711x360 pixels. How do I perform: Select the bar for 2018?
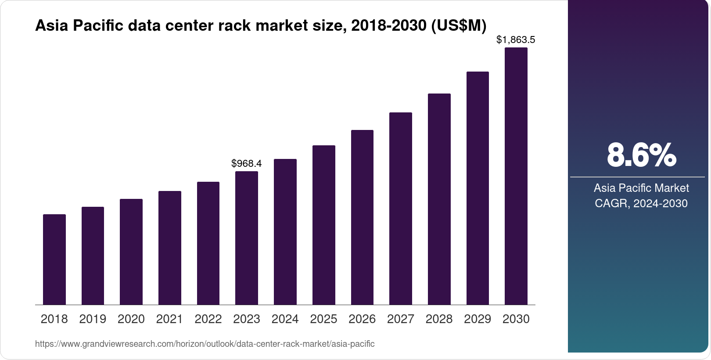pyautogui.click(x=54, y=259)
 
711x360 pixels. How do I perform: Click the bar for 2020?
pyautogui.click(x=131, y=252)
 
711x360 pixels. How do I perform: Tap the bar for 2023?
pyautogui.click(x=247, y=238)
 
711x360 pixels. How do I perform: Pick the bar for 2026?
pyautogui.click(x=362, y=217)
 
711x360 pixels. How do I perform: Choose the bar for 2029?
pyautogui.click(x=478, y=188)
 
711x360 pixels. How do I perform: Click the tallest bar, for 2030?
pyautogui.click(x=516, y=176)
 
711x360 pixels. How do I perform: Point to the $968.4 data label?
pyautogui.click(x=247, y=164)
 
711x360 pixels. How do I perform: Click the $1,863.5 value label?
pyautogui.click(x=516, y=40)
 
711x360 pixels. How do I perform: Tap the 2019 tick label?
pyautogui.click(x=93, y=319)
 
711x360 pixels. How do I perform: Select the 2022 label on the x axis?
pyautogui.click(x=208, y=319)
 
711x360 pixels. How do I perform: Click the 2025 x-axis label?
pyautogui.click(x=323, y=319)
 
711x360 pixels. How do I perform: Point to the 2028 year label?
pyautogui.click(x=439, y=319)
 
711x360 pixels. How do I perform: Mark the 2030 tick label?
pyautogui.click(x=516, y=319)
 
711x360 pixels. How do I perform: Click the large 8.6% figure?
pyautogui.click(x=641, y=155)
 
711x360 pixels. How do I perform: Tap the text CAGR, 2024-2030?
pyautogui.click(x=641, y=204)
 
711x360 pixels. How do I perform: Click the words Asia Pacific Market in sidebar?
pyautogui.click(x=641, y=188)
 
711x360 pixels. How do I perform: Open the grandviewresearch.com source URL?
pyautogui.click(x=205, y=344)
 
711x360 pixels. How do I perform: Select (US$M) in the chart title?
pyautogui.click(x=459, y=26)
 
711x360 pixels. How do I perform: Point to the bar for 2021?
pyautogui.click(x=170, y=248)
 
